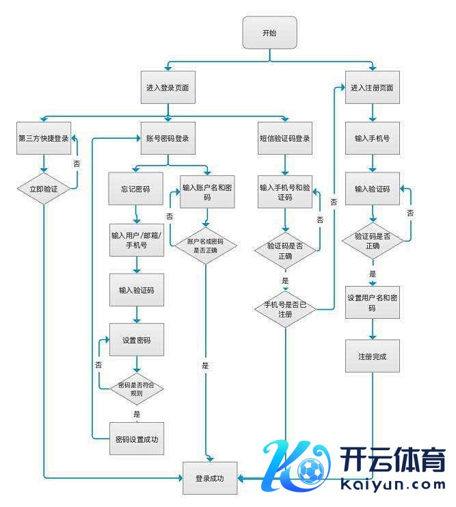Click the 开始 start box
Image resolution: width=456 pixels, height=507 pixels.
(270, 33)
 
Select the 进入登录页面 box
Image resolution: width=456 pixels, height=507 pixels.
(167, 88)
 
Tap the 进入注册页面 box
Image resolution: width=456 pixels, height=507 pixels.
(372, 88)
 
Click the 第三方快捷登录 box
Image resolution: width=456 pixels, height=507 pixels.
(44, 138)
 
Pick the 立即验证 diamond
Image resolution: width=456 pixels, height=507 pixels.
(44, 188)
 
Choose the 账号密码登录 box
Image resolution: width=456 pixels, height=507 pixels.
(167, 138)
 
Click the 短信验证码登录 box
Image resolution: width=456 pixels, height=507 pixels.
(285, 138)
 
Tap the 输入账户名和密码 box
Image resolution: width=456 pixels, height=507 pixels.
(207, 192)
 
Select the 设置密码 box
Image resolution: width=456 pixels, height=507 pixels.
(137, 340)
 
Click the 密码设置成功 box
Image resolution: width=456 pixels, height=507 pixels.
(137, 439)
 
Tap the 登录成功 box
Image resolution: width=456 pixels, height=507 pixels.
(209, 478)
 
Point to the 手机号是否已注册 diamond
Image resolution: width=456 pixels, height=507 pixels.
(285, 309)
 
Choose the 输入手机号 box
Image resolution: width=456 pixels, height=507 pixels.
(372, 138)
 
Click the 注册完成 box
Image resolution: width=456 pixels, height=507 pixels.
(372, 356)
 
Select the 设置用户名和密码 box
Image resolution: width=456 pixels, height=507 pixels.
(372, 302)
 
